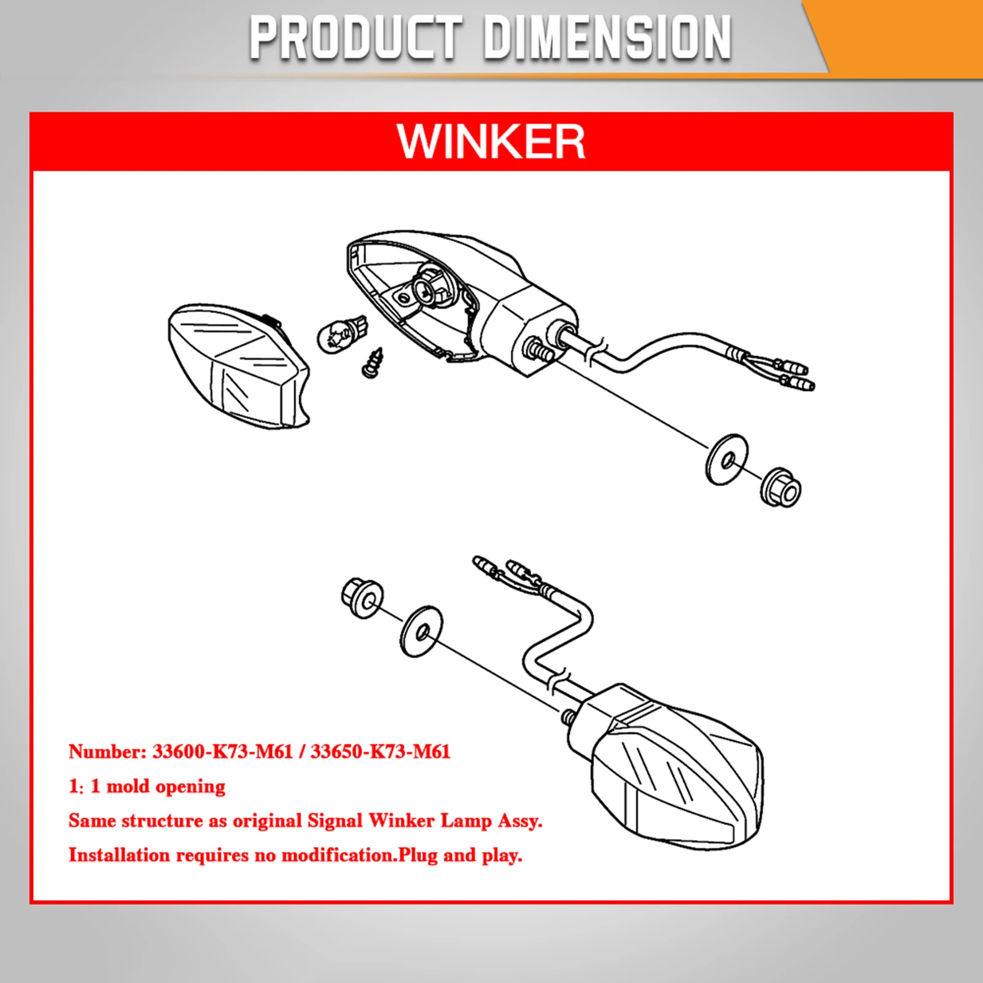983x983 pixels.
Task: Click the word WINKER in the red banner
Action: [491, 142]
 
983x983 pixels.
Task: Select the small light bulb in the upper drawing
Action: [341, 334]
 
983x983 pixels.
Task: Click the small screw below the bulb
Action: [373, 363]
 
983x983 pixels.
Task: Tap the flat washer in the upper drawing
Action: [727, 460]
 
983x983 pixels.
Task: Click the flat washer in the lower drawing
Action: [422, 631]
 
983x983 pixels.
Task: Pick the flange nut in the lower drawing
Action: [362, 597]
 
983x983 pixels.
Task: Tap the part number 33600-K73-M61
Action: [222, 752]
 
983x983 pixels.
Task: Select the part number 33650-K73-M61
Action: [381, 752]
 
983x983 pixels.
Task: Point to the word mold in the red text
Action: [128, 787]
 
